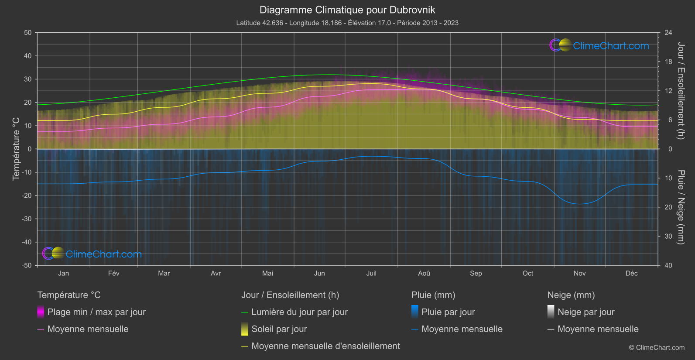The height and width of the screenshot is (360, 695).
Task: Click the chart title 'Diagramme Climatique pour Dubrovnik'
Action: pyautogui.click(x=347, y=10)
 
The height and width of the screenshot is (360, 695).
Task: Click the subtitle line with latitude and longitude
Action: pyautogui.click(x=347, y=23)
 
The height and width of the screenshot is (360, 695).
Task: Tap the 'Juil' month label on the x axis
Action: pyautogui.click(x=371, y=273)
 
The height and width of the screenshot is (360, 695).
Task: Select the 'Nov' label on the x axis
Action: pyautogui.click(x=579, y=273)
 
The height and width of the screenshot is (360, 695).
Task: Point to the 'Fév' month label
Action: pyautogui.click(x=113, y=273)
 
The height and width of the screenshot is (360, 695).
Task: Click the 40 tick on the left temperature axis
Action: pyautogui.click(x=28, y=56)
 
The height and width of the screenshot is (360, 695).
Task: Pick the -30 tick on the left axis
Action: pyautogui.click(x=27, y=219)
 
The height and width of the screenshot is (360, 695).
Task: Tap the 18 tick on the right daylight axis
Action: pyautogui.click(x=668, y=62)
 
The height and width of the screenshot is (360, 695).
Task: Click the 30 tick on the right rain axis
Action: pyautogui.click(x=668, y=236)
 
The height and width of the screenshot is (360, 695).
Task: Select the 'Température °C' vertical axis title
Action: pyautogui.click(x=16, y=148)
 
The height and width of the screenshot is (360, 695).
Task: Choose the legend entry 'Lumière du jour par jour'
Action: pyautogui.click(x=299, y=312)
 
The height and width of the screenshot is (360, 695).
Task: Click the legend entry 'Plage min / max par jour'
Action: pyautogui.click(x=96, y=312)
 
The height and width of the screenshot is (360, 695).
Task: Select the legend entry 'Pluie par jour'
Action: pyautogui.click(x=448, y=312)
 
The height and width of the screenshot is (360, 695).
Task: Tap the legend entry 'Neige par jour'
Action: pyautogui.click(x=586, y=312)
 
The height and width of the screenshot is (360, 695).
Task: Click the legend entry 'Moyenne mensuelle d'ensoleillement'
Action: pyautogui.click(x=325, y=346)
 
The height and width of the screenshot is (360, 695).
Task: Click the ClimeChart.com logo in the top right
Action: pyautogui.click(x=599, y=45)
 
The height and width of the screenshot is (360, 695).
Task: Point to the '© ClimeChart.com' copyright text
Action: pyautogui.click(x=657, y=347)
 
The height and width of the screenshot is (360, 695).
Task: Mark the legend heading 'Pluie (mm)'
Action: pyautogui.click(x=433, y=295)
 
